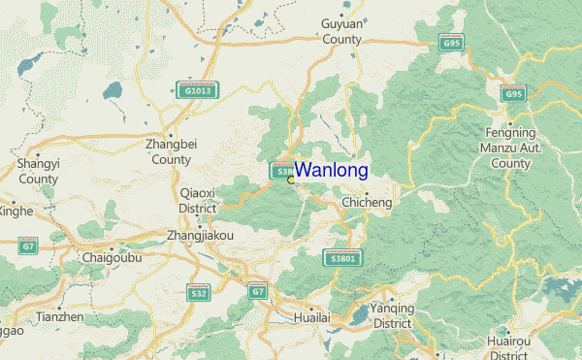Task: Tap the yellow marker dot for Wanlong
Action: (x=291, y=180)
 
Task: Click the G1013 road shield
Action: (x=197, y=90)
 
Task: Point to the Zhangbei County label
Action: (x=171, y=151)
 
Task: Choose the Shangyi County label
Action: (x=38, y=172)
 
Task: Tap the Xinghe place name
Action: (x=15, y=211)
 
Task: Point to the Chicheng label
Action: (x=368, y=203)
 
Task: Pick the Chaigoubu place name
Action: (x=113, y=259)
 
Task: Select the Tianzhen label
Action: (x=59, y=317)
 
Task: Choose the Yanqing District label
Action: (x=392, y=315)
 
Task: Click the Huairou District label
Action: (x=517, y=348)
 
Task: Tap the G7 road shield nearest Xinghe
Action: (x=28, y=245)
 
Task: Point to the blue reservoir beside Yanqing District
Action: (x=360, y=314)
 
